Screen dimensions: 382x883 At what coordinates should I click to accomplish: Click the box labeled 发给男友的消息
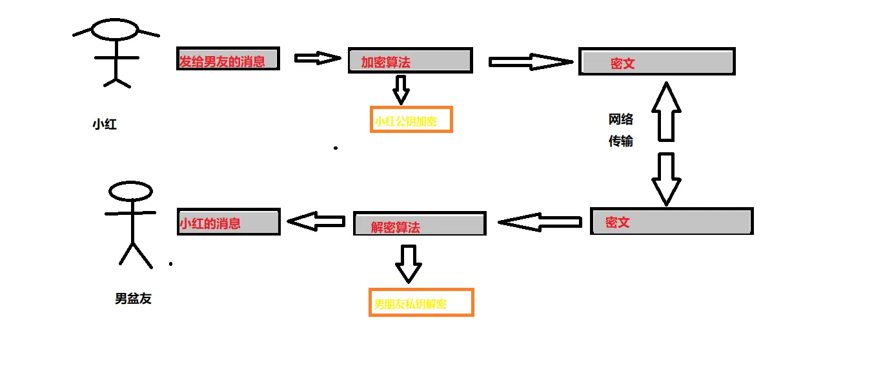click(228, 59)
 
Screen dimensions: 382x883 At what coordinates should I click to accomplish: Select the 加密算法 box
click(410, 61)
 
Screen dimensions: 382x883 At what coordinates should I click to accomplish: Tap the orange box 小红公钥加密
click(411, 120)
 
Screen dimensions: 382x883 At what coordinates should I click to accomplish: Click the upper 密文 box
click(656, 62)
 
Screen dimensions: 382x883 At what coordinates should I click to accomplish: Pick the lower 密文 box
click(671, 221)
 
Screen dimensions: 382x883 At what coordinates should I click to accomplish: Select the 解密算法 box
click(420, 223)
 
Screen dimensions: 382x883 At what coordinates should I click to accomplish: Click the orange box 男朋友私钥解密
click(421, 302)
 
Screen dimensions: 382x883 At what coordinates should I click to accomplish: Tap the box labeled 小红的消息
click(228, 222)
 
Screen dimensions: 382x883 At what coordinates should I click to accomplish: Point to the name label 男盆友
click(133, 299)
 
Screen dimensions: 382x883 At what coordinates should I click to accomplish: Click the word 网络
click(621, 119)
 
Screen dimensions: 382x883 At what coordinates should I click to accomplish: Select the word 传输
click(621, 141)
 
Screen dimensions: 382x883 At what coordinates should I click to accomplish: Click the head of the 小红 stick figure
click(115, 30)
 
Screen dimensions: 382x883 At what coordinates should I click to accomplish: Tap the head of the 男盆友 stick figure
click(130, 192)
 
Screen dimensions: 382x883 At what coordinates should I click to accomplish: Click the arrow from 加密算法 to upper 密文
click(531, 62)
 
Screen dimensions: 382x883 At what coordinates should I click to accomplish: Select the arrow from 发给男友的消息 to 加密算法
click(317, 58)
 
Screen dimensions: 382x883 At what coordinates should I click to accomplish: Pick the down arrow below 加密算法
click(401, 89)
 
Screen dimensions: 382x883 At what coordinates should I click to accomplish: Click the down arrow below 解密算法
click(408, 263)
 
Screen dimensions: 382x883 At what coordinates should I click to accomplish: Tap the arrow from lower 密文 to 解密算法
click(541, 223)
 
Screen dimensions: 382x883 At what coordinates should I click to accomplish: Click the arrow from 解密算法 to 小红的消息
click(316, 222)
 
